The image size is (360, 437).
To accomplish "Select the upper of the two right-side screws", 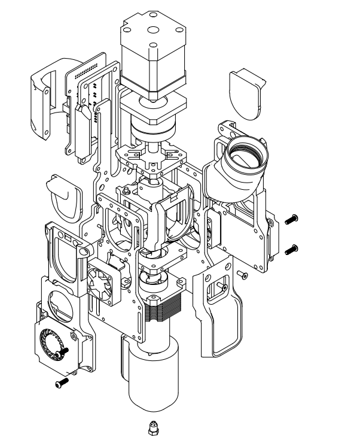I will [x=291, y=220].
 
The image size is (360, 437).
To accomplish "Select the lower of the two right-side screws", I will [x=291, y=248].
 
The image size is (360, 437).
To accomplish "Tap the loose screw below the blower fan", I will [x=61, y=382].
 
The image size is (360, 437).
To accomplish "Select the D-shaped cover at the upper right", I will [x=246, y=93].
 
